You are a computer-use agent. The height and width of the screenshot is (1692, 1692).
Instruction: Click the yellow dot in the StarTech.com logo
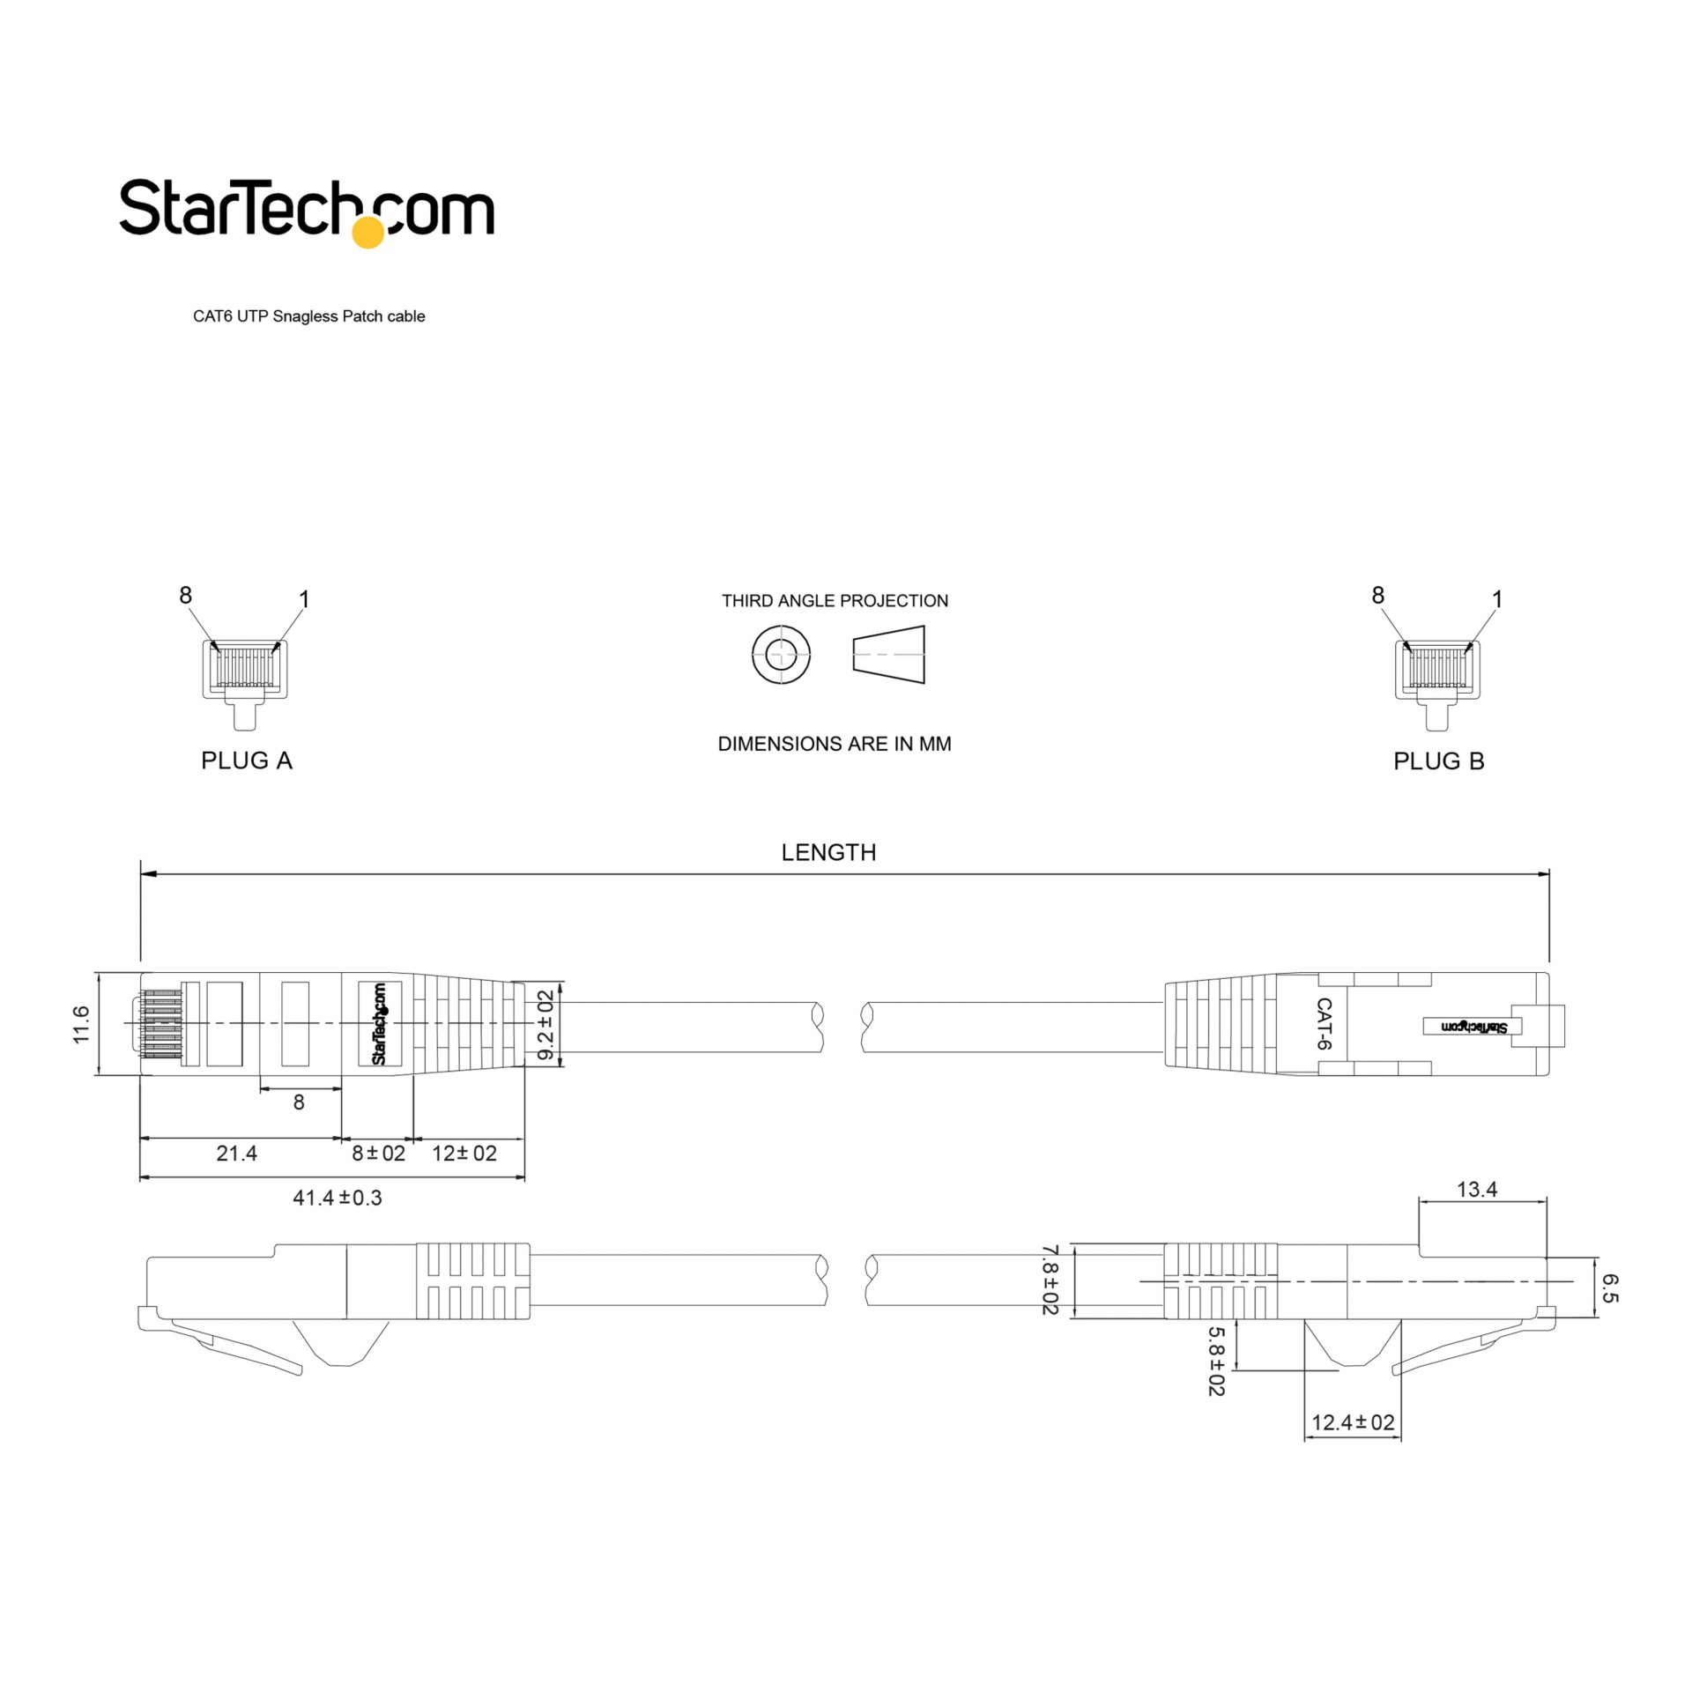367,232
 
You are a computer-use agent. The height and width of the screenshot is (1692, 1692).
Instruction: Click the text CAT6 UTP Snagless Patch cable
308,316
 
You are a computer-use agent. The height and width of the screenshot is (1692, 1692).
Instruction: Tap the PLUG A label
246,761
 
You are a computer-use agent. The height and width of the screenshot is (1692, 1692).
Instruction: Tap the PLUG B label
1438,761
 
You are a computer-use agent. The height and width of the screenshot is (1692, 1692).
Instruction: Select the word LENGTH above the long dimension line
828,852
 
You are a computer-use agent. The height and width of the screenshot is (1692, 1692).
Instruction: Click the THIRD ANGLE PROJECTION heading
835,601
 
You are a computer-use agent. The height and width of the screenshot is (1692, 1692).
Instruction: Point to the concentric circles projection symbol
781,655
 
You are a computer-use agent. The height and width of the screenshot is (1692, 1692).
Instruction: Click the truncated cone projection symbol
889,655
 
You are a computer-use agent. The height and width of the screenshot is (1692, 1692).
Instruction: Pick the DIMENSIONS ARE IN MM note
835,744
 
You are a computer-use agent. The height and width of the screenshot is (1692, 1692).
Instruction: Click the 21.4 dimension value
236,1154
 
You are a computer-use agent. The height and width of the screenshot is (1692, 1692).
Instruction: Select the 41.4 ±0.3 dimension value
337,1198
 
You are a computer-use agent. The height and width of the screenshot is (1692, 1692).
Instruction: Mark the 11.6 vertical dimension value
81,1024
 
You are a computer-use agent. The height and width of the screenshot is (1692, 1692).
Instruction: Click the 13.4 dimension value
1476,1190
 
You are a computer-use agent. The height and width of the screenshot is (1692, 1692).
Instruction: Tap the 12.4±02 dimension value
1353,1422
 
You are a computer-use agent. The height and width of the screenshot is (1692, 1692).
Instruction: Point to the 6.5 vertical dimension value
1608,1288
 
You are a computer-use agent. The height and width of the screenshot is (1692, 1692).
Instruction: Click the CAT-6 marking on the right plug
1323,1024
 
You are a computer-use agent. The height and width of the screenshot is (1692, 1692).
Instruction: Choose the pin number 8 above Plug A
185,596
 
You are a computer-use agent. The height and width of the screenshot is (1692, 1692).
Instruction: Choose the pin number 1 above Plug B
1496,599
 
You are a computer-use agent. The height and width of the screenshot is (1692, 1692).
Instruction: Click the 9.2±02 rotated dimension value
545,1026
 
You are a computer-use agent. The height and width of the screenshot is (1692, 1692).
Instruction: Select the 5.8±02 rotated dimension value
1215,1362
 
